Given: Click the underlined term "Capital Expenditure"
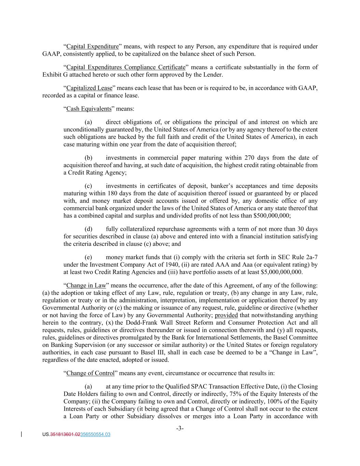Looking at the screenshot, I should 92,46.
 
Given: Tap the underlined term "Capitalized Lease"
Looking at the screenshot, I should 89,88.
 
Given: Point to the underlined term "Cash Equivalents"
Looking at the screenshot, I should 89,109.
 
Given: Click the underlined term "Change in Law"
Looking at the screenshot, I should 86,285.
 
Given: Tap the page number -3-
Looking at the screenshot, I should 180,428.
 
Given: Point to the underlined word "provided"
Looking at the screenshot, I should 226,315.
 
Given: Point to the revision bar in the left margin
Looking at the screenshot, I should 22,435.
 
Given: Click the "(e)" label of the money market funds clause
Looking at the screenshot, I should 88,257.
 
